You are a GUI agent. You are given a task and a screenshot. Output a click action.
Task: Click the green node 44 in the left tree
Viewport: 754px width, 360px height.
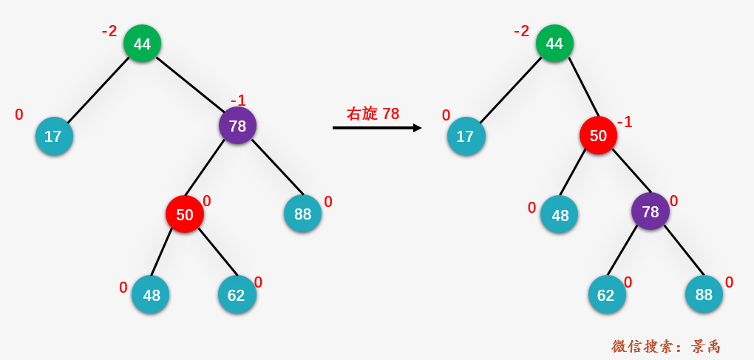(142, 44)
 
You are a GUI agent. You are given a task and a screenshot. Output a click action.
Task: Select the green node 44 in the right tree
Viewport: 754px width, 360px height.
(554, 44)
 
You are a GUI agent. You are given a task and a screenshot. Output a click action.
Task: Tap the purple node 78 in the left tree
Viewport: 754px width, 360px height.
(237, 126)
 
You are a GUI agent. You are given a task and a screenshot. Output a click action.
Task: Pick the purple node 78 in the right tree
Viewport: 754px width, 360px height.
(650, 211)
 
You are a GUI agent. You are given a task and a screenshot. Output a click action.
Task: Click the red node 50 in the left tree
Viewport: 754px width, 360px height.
(185, 214)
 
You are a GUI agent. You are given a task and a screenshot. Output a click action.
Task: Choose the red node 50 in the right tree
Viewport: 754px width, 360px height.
(598, 135)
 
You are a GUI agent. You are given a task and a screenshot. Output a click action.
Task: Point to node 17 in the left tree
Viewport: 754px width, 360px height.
(54, 136)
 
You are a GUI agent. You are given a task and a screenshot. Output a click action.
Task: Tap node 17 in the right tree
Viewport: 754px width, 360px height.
(466, 136)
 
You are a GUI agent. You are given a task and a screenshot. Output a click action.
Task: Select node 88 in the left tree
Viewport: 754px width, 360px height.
(302, 214)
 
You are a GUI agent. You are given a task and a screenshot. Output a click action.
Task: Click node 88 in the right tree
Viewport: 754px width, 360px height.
(704, 294)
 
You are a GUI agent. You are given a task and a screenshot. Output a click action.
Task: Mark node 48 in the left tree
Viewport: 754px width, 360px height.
(151, 295)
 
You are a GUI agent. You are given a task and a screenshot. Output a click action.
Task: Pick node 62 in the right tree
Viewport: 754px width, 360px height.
(607, 295)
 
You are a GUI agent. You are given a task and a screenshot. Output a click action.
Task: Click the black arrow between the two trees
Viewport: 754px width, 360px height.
(377, 128)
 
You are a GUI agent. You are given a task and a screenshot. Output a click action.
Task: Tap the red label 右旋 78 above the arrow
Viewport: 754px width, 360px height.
(373, 114)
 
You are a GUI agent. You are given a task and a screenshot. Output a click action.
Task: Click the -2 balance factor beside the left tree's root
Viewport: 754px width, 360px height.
(109, 32)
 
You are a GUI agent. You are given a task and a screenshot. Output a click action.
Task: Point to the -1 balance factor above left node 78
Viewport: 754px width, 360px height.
(238, 101)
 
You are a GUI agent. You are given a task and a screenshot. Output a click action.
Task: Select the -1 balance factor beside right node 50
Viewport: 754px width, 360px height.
(624, 122)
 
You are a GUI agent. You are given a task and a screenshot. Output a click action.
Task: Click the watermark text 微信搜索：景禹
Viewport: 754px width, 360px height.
(666, 346)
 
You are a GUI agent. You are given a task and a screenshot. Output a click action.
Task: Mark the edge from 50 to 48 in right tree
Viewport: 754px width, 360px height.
(573, 173)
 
